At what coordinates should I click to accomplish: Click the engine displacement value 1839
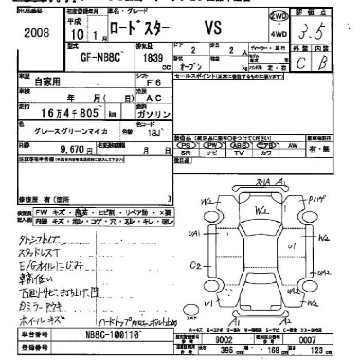point(153,59)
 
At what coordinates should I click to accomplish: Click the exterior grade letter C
point(301,64)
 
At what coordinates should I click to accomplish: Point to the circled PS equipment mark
point(186,146)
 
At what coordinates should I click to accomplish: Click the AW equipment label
point(292,146)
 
